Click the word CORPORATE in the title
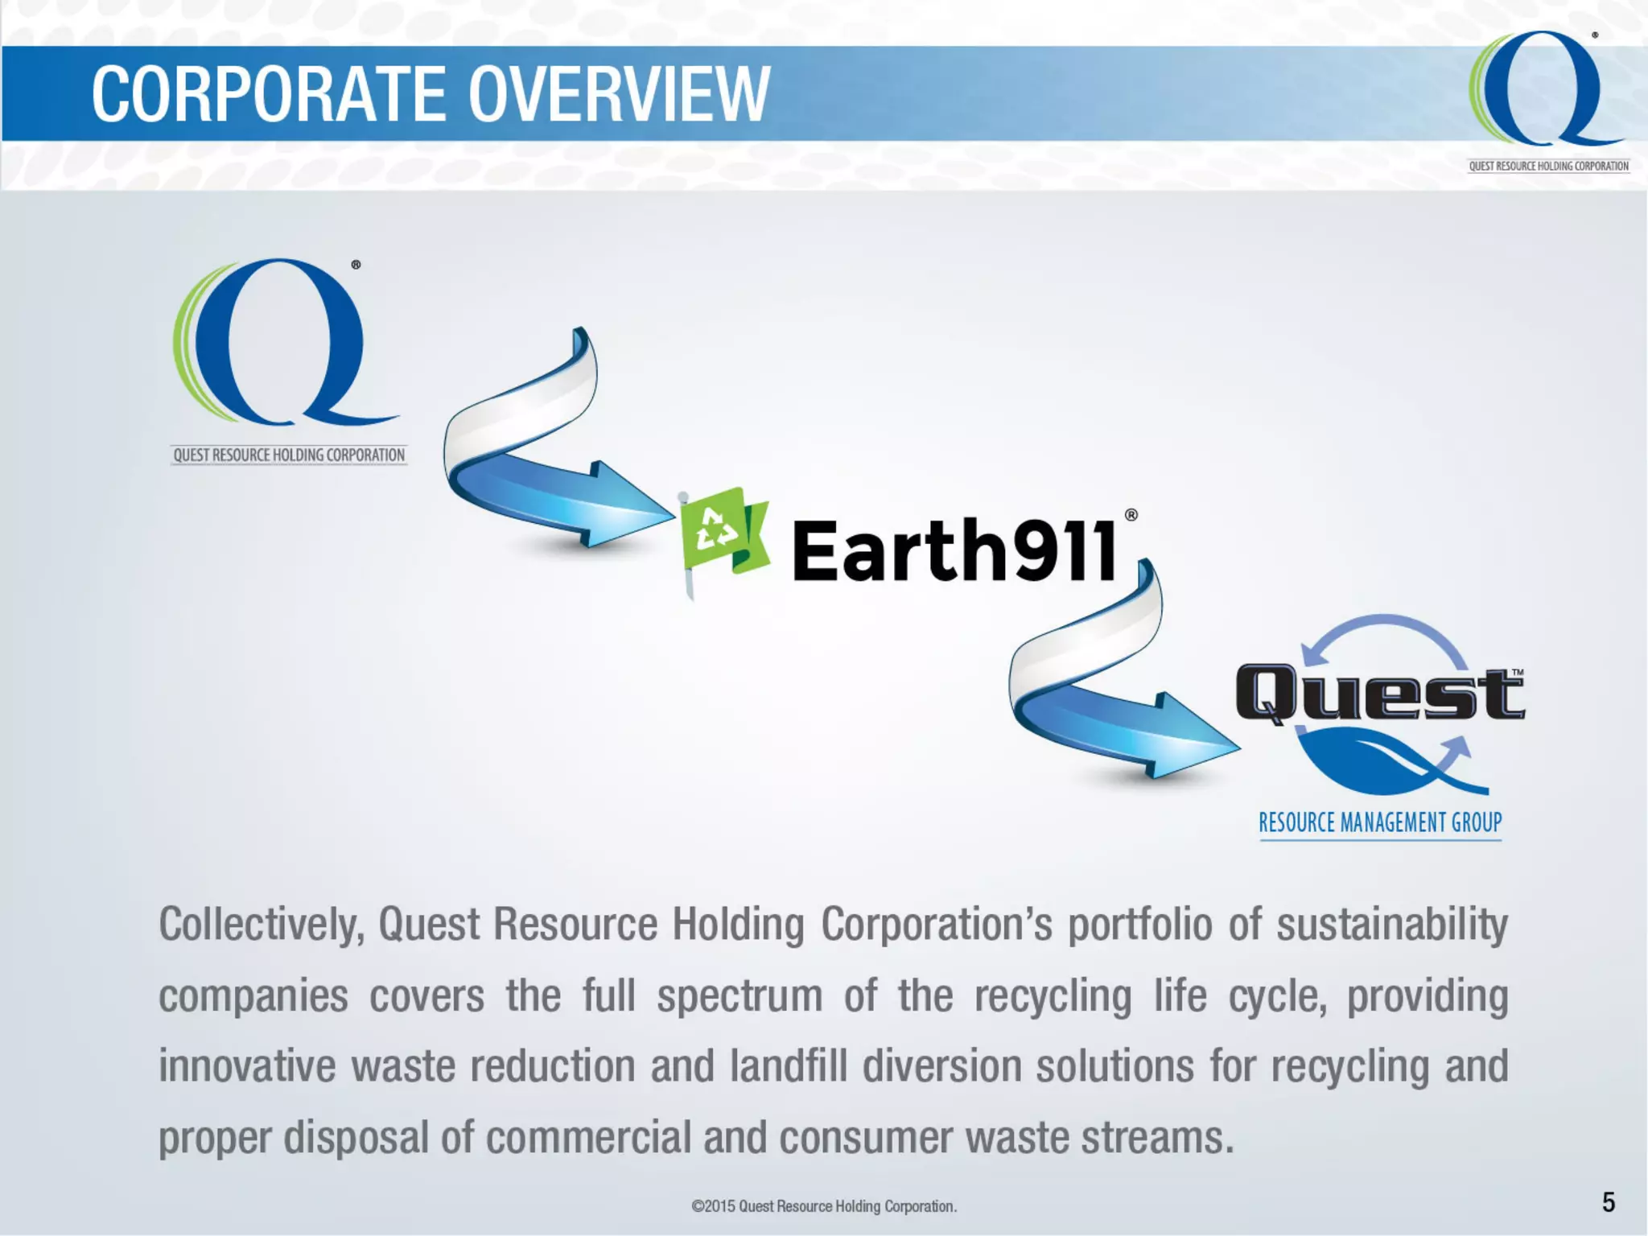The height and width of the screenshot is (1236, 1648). [269, 94]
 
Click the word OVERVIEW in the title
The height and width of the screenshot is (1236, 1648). [619, 94]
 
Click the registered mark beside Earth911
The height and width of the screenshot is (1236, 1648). [1131, 515]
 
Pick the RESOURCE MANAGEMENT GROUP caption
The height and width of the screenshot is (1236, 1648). [1380, 822]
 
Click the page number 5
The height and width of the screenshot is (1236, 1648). [1608, 1202]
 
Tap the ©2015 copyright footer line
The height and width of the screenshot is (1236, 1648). [824, 1206]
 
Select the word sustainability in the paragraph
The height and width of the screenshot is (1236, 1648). [1392, 924]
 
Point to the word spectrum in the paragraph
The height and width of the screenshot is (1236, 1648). [740, 996]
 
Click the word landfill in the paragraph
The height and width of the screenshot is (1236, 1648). [789, 1066]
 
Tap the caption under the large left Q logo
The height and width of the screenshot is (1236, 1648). [289, 455]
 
